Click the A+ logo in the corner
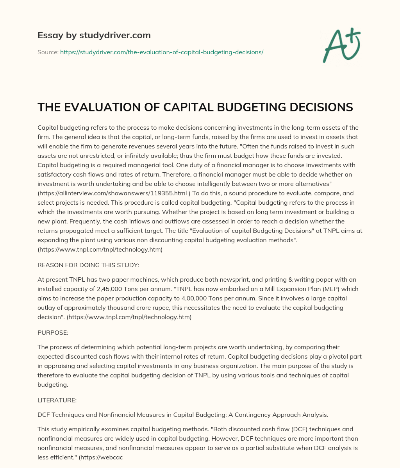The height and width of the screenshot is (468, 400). pyautogui.click(x=341, y=45)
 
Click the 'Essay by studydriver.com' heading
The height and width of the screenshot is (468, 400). pyautogui.click(x=94, y=35)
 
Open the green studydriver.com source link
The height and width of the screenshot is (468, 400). pyautogui.click(x=162, y=52)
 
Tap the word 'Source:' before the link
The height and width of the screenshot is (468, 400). pyautogui.click(x=48, y=52)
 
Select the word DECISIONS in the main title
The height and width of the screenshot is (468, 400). pyautogui.click(x=317, y=107)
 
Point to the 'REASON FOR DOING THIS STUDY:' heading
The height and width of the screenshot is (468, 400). pyautogui.click(x=88, y=265)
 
